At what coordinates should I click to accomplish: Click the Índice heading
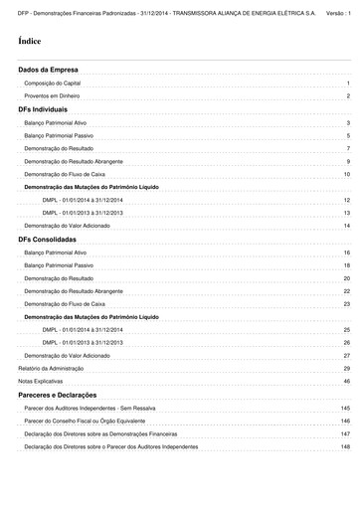coord(30,44)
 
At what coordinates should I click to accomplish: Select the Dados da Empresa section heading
coord(48,71)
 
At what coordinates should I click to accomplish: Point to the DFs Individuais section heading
coord(43,109)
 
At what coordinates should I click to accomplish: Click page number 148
coord(345,446)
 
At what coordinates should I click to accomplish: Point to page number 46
coord(347,381)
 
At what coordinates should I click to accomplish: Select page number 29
coord(347,368)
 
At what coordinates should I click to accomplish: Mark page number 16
coord(347,254)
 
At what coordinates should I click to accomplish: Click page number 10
coord(347,174)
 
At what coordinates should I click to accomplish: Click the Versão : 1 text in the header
coord(339,7)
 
